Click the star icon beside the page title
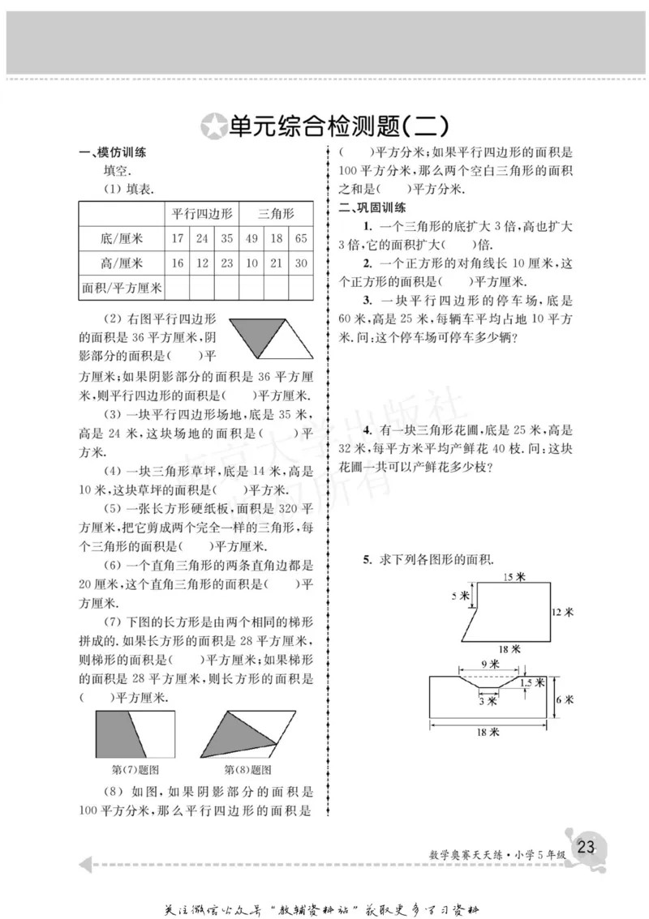213,126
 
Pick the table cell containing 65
301,238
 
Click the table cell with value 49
251,238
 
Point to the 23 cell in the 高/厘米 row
226,263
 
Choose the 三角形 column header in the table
276,213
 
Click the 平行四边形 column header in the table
202,213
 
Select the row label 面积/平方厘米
122,288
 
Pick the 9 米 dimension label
490,665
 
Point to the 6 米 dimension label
565,698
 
